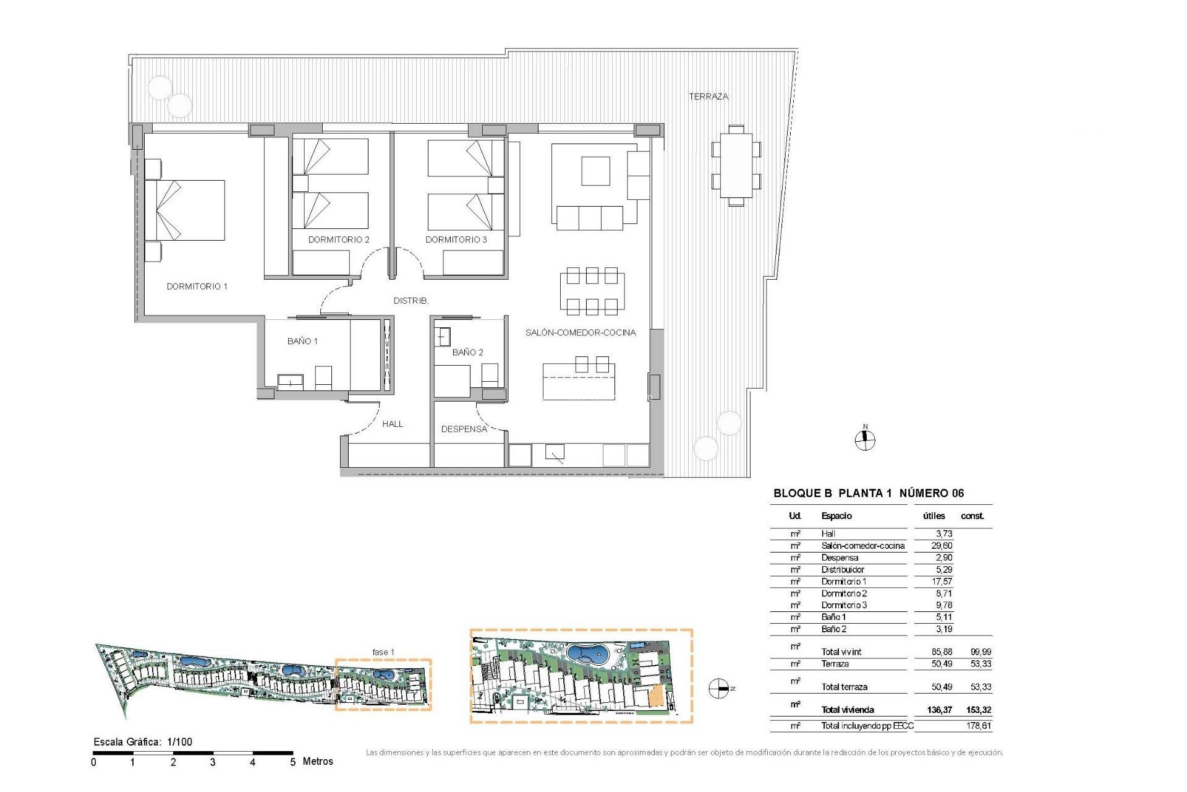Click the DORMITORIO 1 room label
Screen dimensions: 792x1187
pyautogui.click(x=197, y=286)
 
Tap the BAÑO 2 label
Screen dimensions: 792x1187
pyautogui.click(x=467, y=353)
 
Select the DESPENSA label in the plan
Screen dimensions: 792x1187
pyautogui.click(x=464, y=429)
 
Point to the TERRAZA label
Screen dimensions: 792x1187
pyautogui.click(x=708, y=97)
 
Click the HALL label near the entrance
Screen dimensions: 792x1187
pyautogui.click(x=392, y=424)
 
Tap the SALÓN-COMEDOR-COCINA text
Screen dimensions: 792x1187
pyautogui.click(x=580, y=333)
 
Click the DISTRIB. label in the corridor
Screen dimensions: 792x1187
pyautogui.click(x=411, y=301)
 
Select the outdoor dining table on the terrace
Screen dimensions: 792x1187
pyautogui.click(x=736, y=165)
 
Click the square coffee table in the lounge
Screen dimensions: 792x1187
pyautogui.click(x=595, y=171)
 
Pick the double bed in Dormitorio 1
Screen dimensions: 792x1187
pyautogui.click(x=184, y=210)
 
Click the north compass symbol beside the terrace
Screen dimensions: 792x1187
pyautogui.click(x=865, y=440)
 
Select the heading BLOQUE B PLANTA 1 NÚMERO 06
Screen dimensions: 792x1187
pyautogui.click(x=868, y=493)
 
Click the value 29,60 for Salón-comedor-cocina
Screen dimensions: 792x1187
pyautogui.click(x=942, y=546)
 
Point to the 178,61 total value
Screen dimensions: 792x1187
pyautogui.click(x=978, y=726)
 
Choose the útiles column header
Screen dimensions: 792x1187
pyautogui.click(x=934, y=516)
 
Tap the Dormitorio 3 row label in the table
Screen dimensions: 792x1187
pyautogui.click(x=844, y=605)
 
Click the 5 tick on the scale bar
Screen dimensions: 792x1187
pyautogui.click(x=292, y=762)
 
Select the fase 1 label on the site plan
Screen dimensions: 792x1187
pyautogui.click(x=383, y=652)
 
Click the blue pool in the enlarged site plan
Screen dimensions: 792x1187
pyautogui.click(x=587, y=653)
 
